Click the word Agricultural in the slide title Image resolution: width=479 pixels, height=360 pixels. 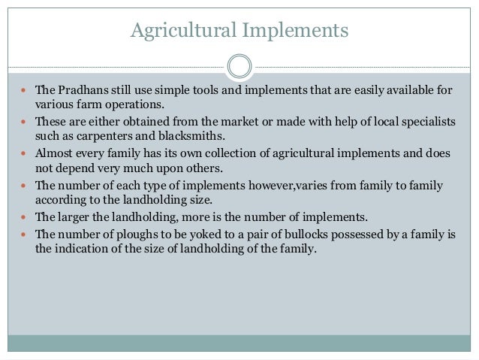pos(180,31)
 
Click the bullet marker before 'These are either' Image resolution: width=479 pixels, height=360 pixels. pos(25,122)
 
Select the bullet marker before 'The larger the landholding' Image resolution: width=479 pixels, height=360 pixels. pos(25,217)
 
